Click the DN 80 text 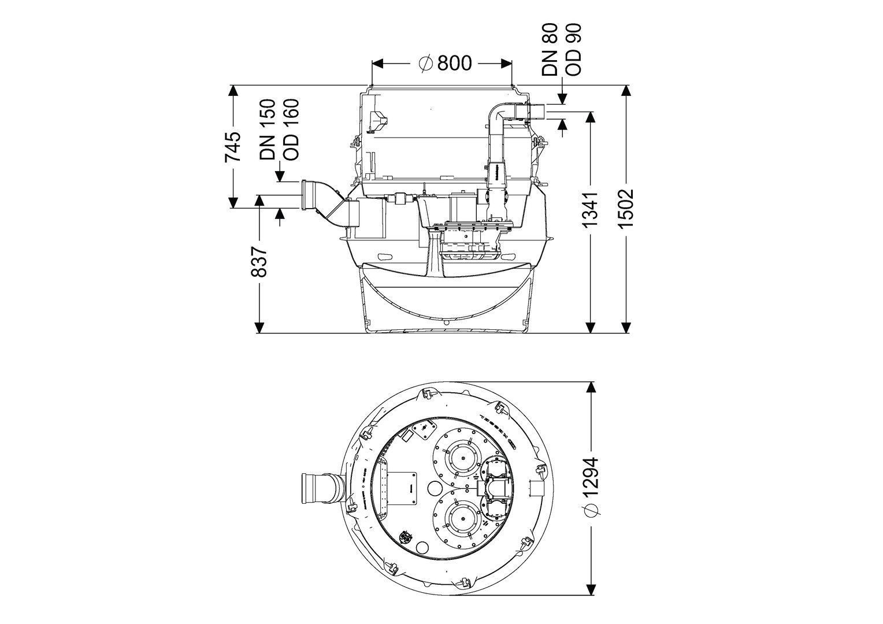click(550, 50)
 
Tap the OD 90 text click(573, 50)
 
